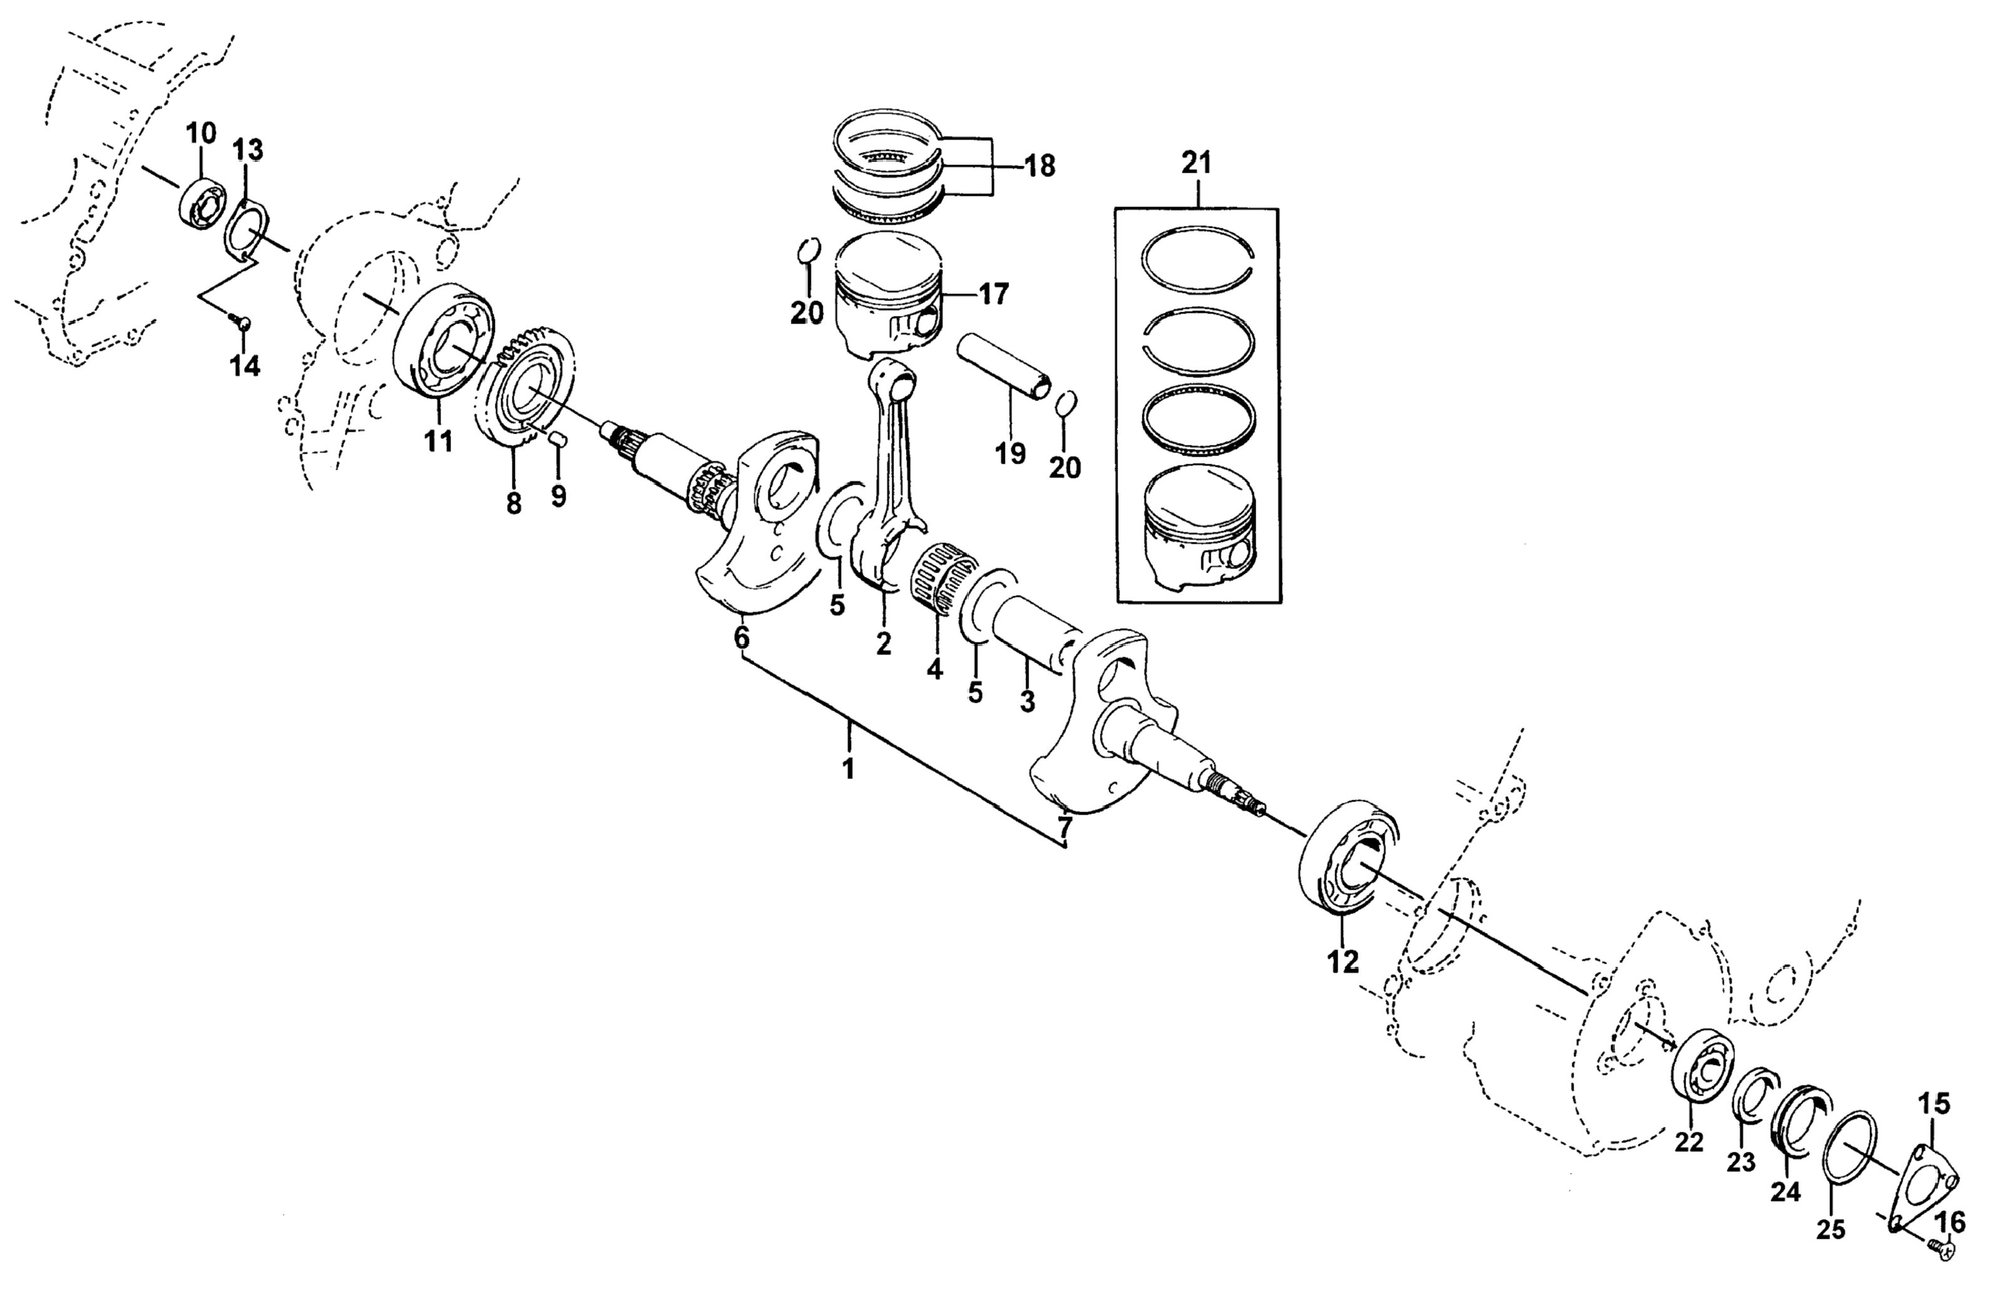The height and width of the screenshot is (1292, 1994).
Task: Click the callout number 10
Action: click(x=200, y=133)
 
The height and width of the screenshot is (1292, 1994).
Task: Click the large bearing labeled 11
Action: click(x=444, y=340)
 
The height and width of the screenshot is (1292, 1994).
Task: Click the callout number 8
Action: click(x=514, y=503)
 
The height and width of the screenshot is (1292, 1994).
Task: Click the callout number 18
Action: click(x=1040, y=166)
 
